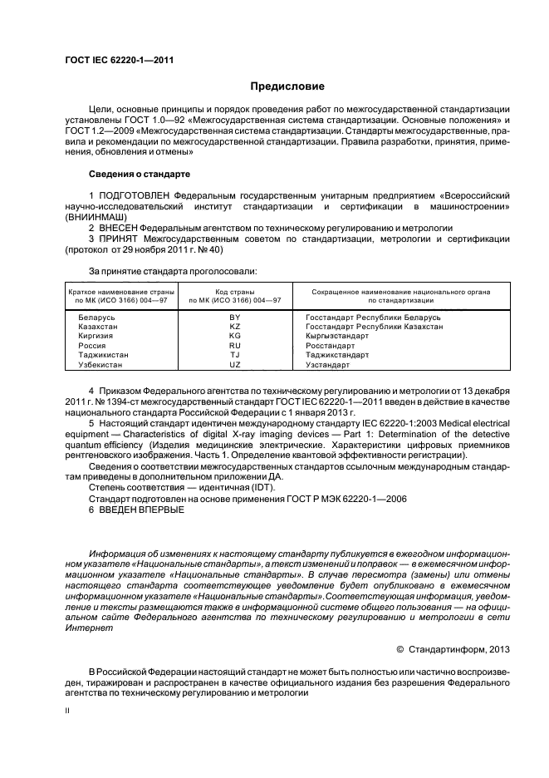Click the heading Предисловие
tap(287, 86)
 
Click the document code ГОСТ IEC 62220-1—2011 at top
tap(119, 60)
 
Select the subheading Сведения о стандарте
tap(140, 175)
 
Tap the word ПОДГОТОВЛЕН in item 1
tap(135, 194)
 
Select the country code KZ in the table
tap(234, 327)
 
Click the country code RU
tap(234, 346)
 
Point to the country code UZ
tap(234, 365)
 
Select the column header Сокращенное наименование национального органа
tap(400, 292)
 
